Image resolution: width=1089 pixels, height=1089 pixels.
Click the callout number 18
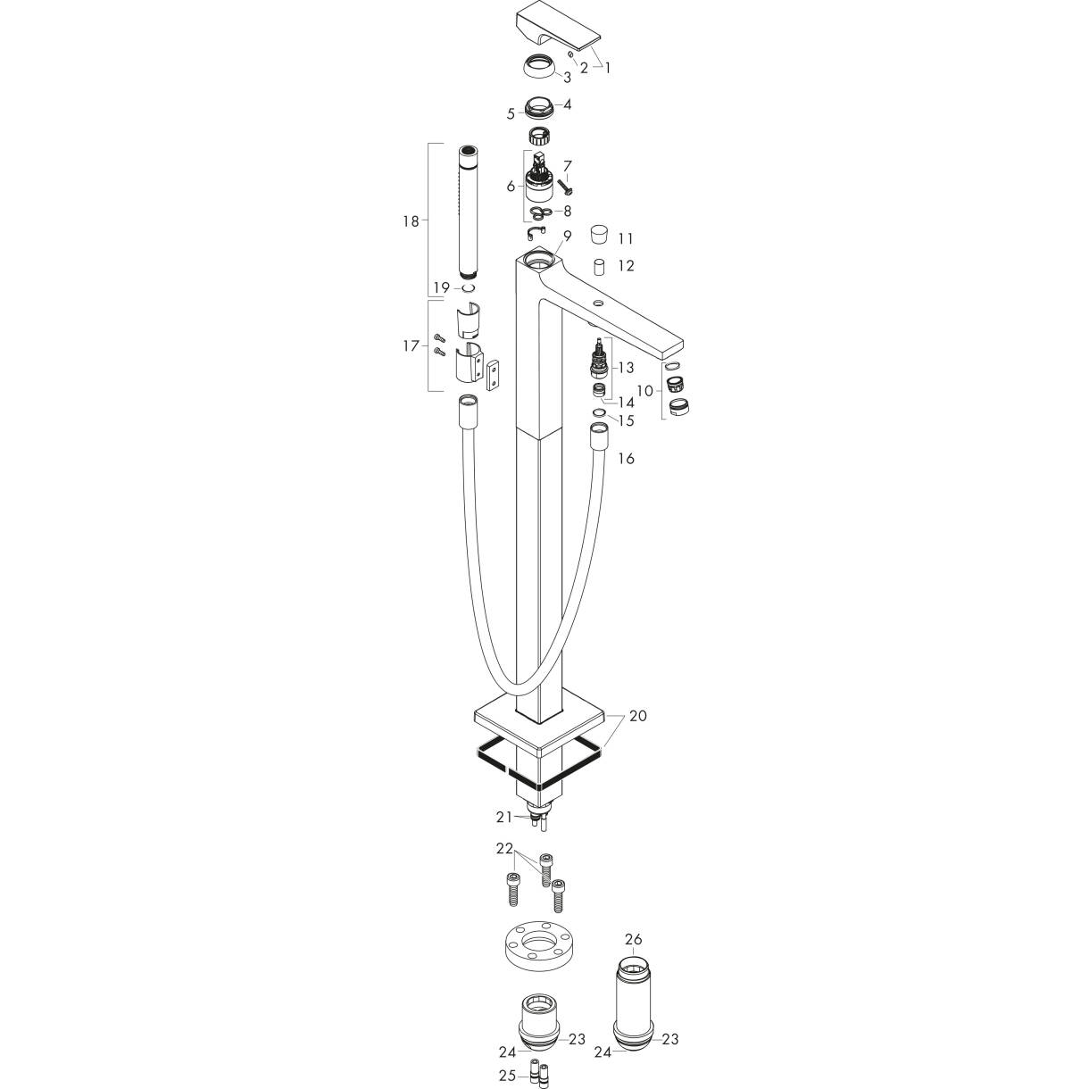[410, 220]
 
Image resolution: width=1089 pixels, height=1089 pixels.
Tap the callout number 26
[633, 939]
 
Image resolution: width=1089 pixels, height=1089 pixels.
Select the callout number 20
[638, 716]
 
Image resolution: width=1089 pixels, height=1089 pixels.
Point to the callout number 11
[625, 238]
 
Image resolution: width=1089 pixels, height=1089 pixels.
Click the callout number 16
[626, 458]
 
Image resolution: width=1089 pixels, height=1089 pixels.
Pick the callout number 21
[504, 816]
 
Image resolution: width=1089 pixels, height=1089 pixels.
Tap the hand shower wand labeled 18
[469, 214]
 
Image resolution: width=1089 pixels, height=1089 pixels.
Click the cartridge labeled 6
[539, 182]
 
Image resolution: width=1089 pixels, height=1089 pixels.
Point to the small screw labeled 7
[565, 186]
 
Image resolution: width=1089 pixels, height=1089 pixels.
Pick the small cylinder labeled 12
[600, 266]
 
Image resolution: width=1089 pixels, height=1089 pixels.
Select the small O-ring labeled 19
[468, 288]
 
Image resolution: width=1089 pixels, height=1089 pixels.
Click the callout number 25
[507, 1076]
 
